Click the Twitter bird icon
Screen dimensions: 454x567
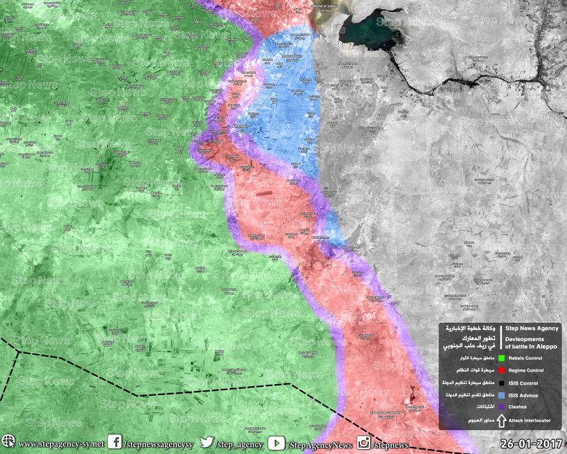pos(206,443)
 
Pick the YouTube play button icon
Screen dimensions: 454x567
pos(276,443)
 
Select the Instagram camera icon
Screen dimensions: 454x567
pos(364,443)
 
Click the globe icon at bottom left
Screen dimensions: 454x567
pos(8,443)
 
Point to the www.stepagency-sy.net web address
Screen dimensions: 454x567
pos(61,444)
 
